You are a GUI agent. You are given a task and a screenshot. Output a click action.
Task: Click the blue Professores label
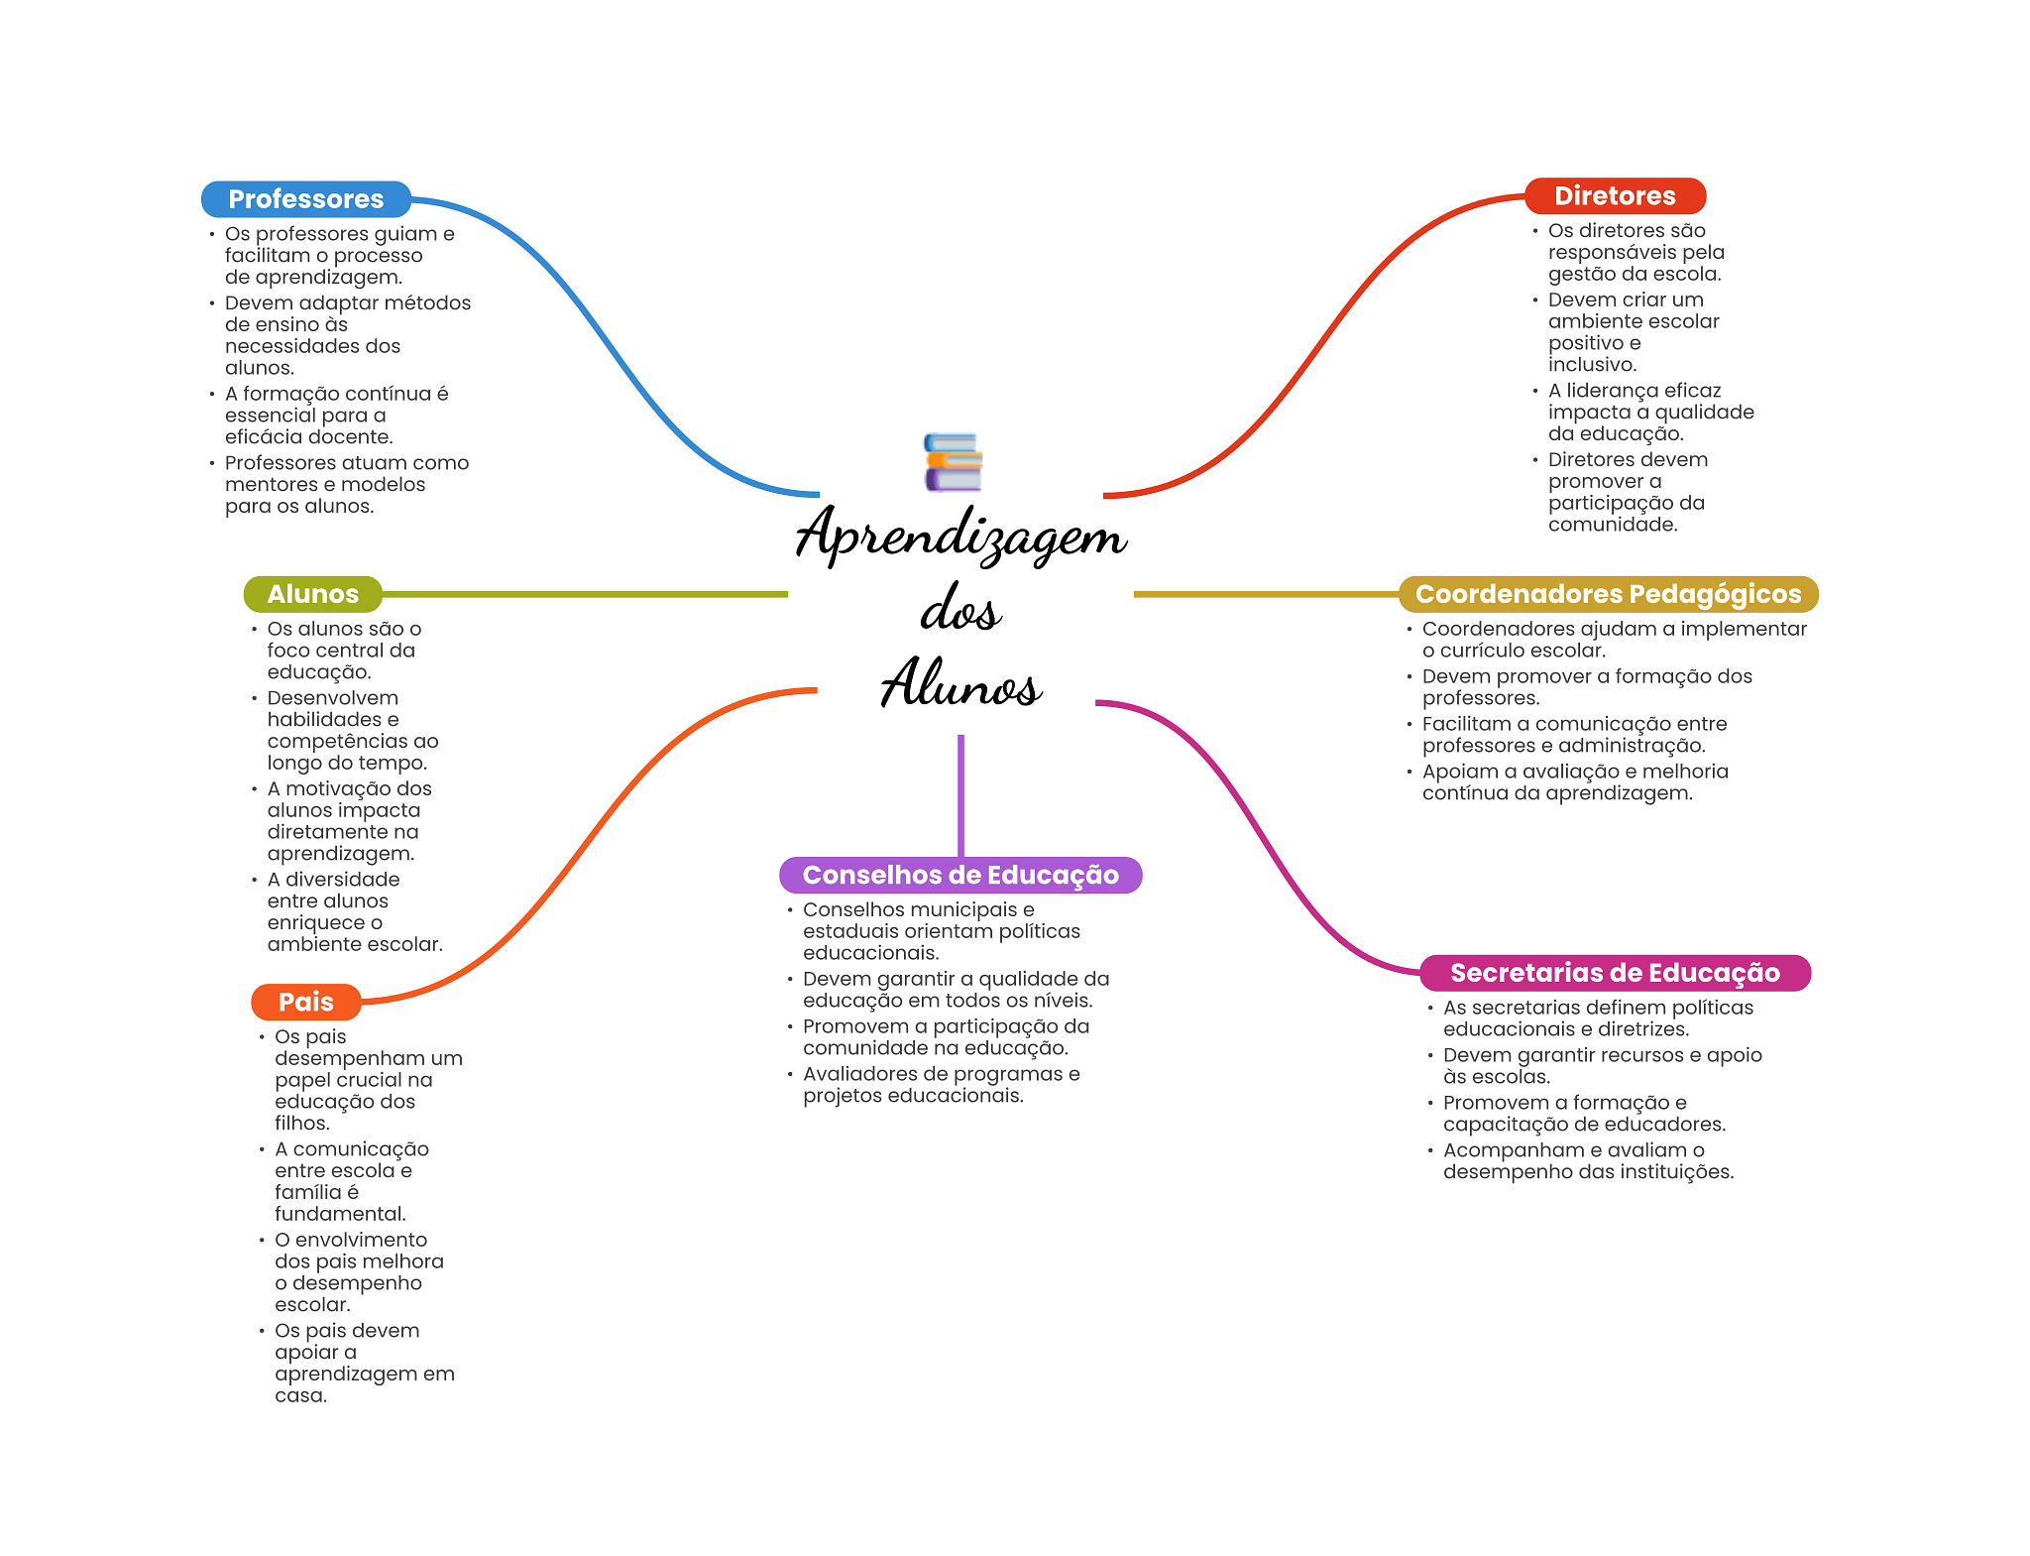click(306, 199)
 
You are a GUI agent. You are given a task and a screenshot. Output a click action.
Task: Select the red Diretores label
click(1615, 196)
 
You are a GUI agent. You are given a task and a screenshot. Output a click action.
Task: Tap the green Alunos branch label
click(313, 594)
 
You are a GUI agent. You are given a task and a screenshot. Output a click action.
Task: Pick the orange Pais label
click(306, 1002)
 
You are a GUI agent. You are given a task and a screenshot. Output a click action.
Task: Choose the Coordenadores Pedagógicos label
click(1608, 594)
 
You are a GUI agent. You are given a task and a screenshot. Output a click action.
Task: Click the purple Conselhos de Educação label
click(960, 875)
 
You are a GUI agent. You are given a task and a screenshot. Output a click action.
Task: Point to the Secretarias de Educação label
click(1615, 973)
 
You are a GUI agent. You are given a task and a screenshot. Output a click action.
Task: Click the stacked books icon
click(953, 462)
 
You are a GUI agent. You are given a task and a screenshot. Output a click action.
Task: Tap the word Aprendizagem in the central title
click(961, 536)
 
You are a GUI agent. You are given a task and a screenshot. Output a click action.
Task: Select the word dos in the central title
click(960, 609)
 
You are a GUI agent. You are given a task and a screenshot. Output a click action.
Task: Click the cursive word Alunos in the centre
click(960, 682)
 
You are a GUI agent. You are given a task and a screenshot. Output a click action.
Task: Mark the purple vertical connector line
click(960, 795)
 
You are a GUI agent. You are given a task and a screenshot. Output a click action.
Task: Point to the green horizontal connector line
click(585, 594)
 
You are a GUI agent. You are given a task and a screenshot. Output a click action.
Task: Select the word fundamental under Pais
click(341, 1214)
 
